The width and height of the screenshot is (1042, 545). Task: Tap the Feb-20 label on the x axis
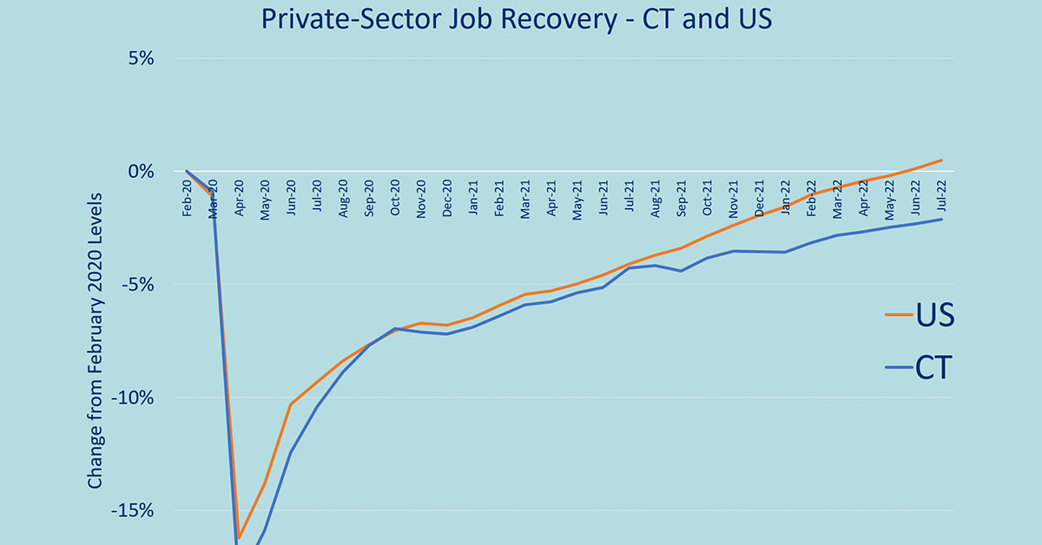[x=188, y=197]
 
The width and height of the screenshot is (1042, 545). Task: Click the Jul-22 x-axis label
[x=942, y=197]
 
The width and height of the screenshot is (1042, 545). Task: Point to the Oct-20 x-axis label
[x=396, y=197]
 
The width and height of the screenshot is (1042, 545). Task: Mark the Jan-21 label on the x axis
[x=474, y=197]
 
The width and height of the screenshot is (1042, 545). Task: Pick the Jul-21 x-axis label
[x=630, y=197]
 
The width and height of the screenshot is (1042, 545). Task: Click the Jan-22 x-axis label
[x=786, y=197]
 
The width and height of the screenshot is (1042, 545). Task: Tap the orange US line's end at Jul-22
[x=942, y=160]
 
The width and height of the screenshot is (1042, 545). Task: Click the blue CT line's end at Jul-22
[x=942, y=220]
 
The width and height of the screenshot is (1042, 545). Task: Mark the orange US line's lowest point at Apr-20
[x=239, y=537]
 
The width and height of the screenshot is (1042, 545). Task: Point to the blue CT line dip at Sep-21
[x=682, y=271]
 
